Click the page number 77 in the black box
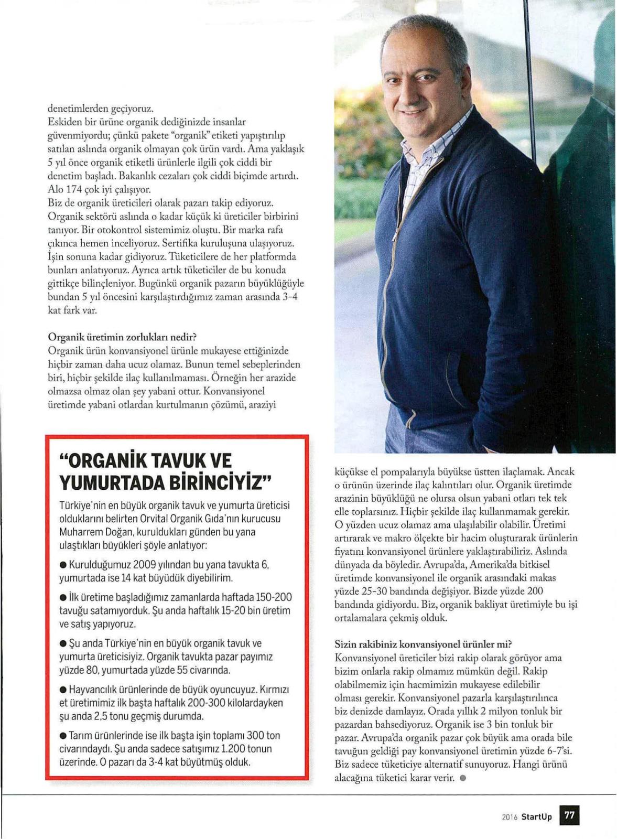569,816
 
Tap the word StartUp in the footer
536,816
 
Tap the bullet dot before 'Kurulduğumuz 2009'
63,565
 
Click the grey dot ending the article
462,779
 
